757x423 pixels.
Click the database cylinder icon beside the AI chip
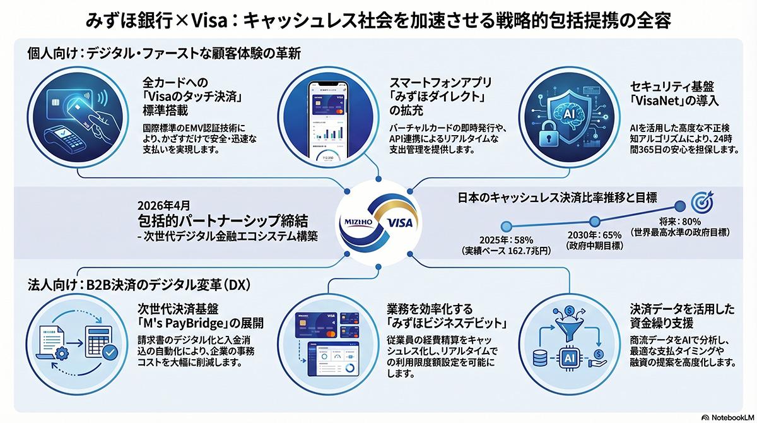coord(540,357)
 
